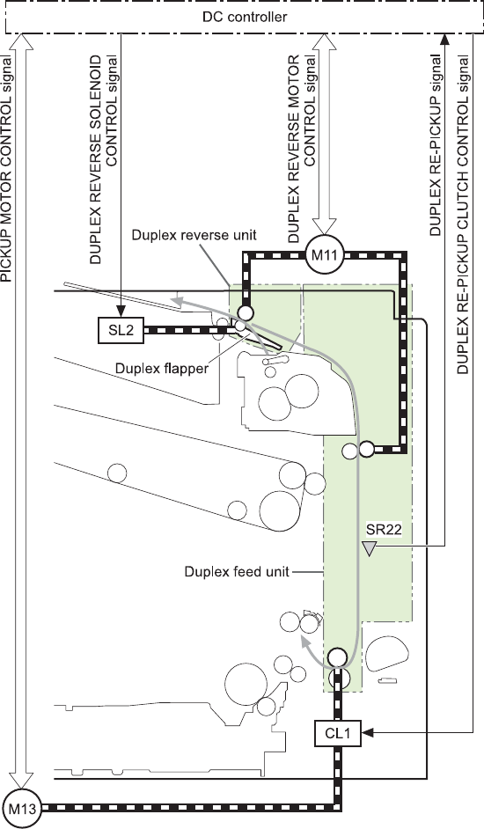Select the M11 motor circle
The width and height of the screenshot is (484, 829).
[325, 255]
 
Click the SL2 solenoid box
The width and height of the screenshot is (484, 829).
[121, 330]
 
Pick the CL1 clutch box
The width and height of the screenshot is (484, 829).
[337, 733]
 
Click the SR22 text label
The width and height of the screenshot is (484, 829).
[384, 530]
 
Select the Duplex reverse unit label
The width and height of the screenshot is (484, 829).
[194, 235]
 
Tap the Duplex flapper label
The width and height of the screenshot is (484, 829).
[162, 368]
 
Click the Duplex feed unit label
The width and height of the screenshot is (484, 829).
[237, 571]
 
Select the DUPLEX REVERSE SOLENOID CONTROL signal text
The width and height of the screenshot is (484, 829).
[104, 159]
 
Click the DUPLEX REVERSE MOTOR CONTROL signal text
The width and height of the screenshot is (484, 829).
[302, 149]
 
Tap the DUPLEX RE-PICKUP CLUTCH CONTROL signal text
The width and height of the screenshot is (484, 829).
[463, 215]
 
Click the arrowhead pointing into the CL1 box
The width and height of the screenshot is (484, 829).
[368, 733]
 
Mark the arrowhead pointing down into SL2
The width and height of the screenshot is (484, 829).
[121, 312]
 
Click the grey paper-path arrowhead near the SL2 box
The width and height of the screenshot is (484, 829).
[176, 301]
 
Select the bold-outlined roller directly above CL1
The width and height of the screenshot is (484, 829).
[337, 657]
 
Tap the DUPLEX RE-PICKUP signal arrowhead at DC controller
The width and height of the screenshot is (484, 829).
[444, 40]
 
